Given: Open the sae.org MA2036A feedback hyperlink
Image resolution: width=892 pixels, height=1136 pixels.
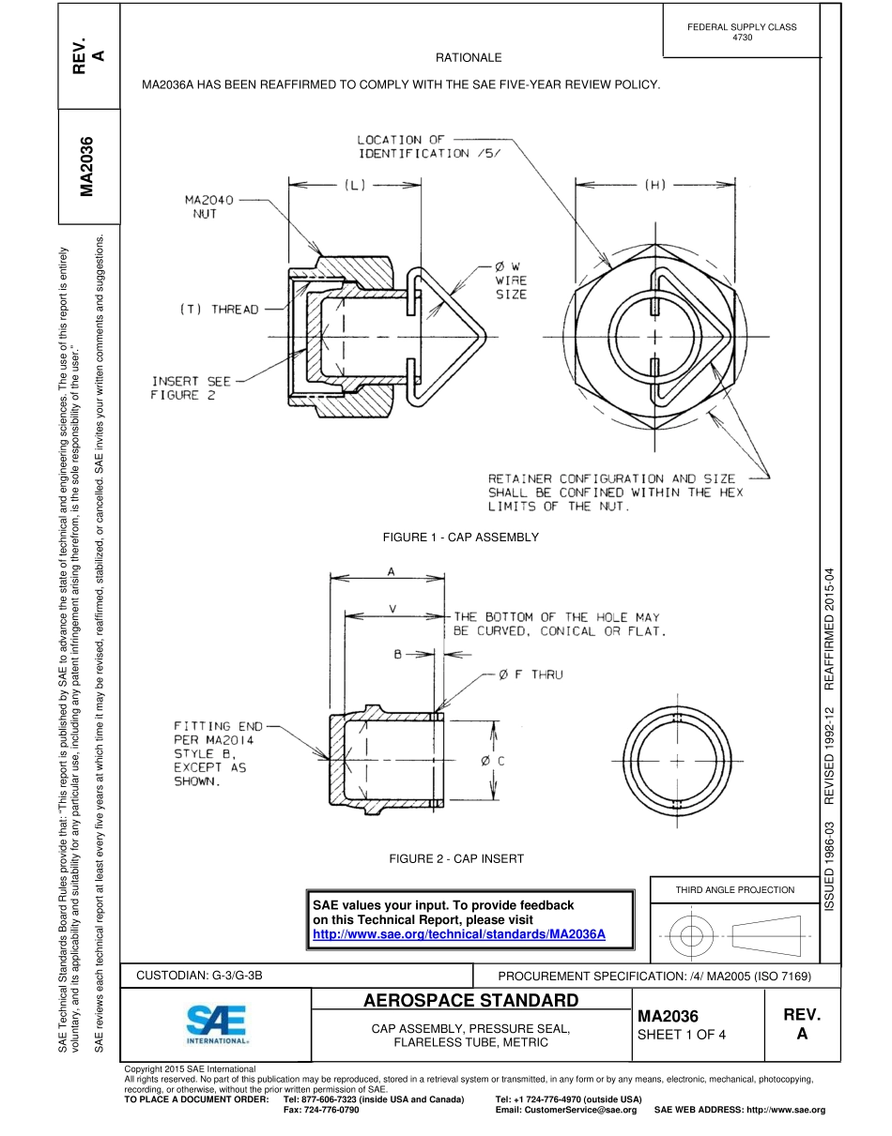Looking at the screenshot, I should [x=458, y=934].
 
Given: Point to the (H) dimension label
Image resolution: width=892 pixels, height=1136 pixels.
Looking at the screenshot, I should [x=654, y=185].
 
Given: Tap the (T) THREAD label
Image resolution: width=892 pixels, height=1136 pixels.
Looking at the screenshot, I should [x=219, y=310].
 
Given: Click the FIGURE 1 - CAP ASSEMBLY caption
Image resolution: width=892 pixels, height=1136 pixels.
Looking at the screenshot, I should [x=460, y=538].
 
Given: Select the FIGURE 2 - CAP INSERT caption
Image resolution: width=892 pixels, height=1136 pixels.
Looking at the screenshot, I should [x=456, y=858].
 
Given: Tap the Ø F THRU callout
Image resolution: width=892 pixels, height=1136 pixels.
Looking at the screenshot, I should [x=531, y=674].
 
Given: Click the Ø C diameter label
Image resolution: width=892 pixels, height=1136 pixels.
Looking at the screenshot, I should [x=493, y=761].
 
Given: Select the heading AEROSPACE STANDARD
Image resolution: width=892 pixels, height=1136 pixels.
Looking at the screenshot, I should [x=470, y=1000].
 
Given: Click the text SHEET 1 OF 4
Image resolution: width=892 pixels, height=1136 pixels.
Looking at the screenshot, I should [x=682, y=1035].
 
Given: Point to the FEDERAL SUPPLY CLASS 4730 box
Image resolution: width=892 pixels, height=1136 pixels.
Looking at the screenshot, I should [x=741, y=32].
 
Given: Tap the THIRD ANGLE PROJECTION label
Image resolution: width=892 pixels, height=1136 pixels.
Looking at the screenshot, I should [x=734, y=889].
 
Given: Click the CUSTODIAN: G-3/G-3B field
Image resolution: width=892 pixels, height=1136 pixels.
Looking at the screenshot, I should [x=200, y=976].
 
